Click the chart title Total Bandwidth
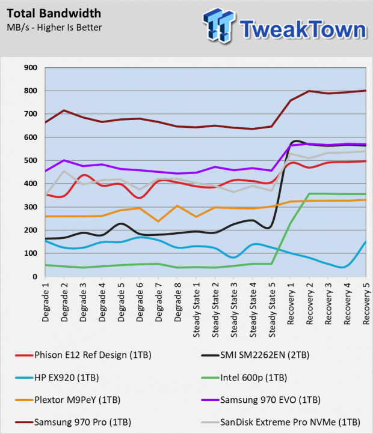(x=54, y=13)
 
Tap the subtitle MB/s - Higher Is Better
(x=54, y=28)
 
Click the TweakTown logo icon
(x=219, y=25)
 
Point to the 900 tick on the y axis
(x=31, y=68)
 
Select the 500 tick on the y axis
(x=31, y=160)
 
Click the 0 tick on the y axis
(x=35, y=277)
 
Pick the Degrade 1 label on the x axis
(x=45, y=302)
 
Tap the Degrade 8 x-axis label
(x=177, y=302)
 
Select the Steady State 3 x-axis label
(x=234, y=310)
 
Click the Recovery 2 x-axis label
(x=309, y=304)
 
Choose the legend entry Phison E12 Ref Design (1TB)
(x=83, y=355)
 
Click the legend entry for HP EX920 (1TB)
(x=57, y=378)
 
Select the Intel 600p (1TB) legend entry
(x=244, y=378)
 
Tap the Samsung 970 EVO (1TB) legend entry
(x=260, y=400)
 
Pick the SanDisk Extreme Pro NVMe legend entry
(x=280, y=423)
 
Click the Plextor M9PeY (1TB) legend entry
(x=67, y=400)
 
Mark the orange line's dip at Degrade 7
(x=158, y=222)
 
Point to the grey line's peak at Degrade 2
(x=64, y=171)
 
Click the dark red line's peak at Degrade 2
(x=64, y=110)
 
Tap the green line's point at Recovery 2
(x=309, y=194)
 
